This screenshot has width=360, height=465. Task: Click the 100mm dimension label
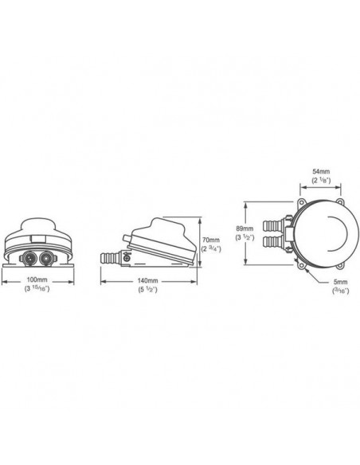pos(37,279)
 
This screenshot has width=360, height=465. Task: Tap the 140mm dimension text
pos(147,280)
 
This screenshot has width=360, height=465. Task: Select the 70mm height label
pos(211,240)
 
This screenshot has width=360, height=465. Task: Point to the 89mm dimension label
pos(245,229)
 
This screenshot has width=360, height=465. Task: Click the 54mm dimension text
pos(321,171)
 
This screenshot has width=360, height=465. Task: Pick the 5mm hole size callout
pos(340,282)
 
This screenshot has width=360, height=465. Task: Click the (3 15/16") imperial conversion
pos(37,288)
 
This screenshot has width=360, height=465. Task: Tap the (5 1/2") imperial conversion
pos(147,290)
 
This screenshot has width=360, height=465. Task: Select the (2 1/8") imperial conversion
pos(321,180)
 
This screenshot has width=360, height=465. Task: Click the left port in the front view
pos(30,258)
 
